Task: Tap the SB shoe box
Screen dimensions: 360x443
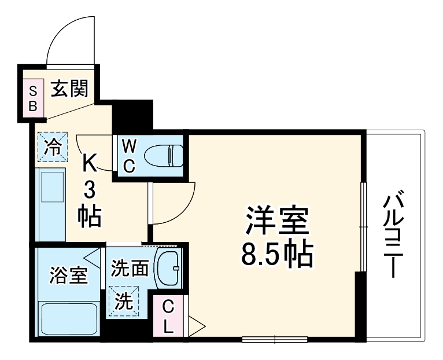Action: pyautogui.click(x=33, y=98)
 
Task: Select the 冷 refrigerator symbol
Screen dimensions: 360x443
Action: pyautogui.click(x=53, y=146)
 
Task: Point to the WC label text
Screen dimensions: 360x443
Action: pyautogui.click(x=130, y=156)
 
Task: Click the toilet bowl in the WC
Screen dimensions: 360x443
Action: pyautogui.click(x=164, y=155)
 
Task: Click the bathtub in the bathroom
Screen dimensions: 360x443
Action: pyautogui.click(x=68, y=319)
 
